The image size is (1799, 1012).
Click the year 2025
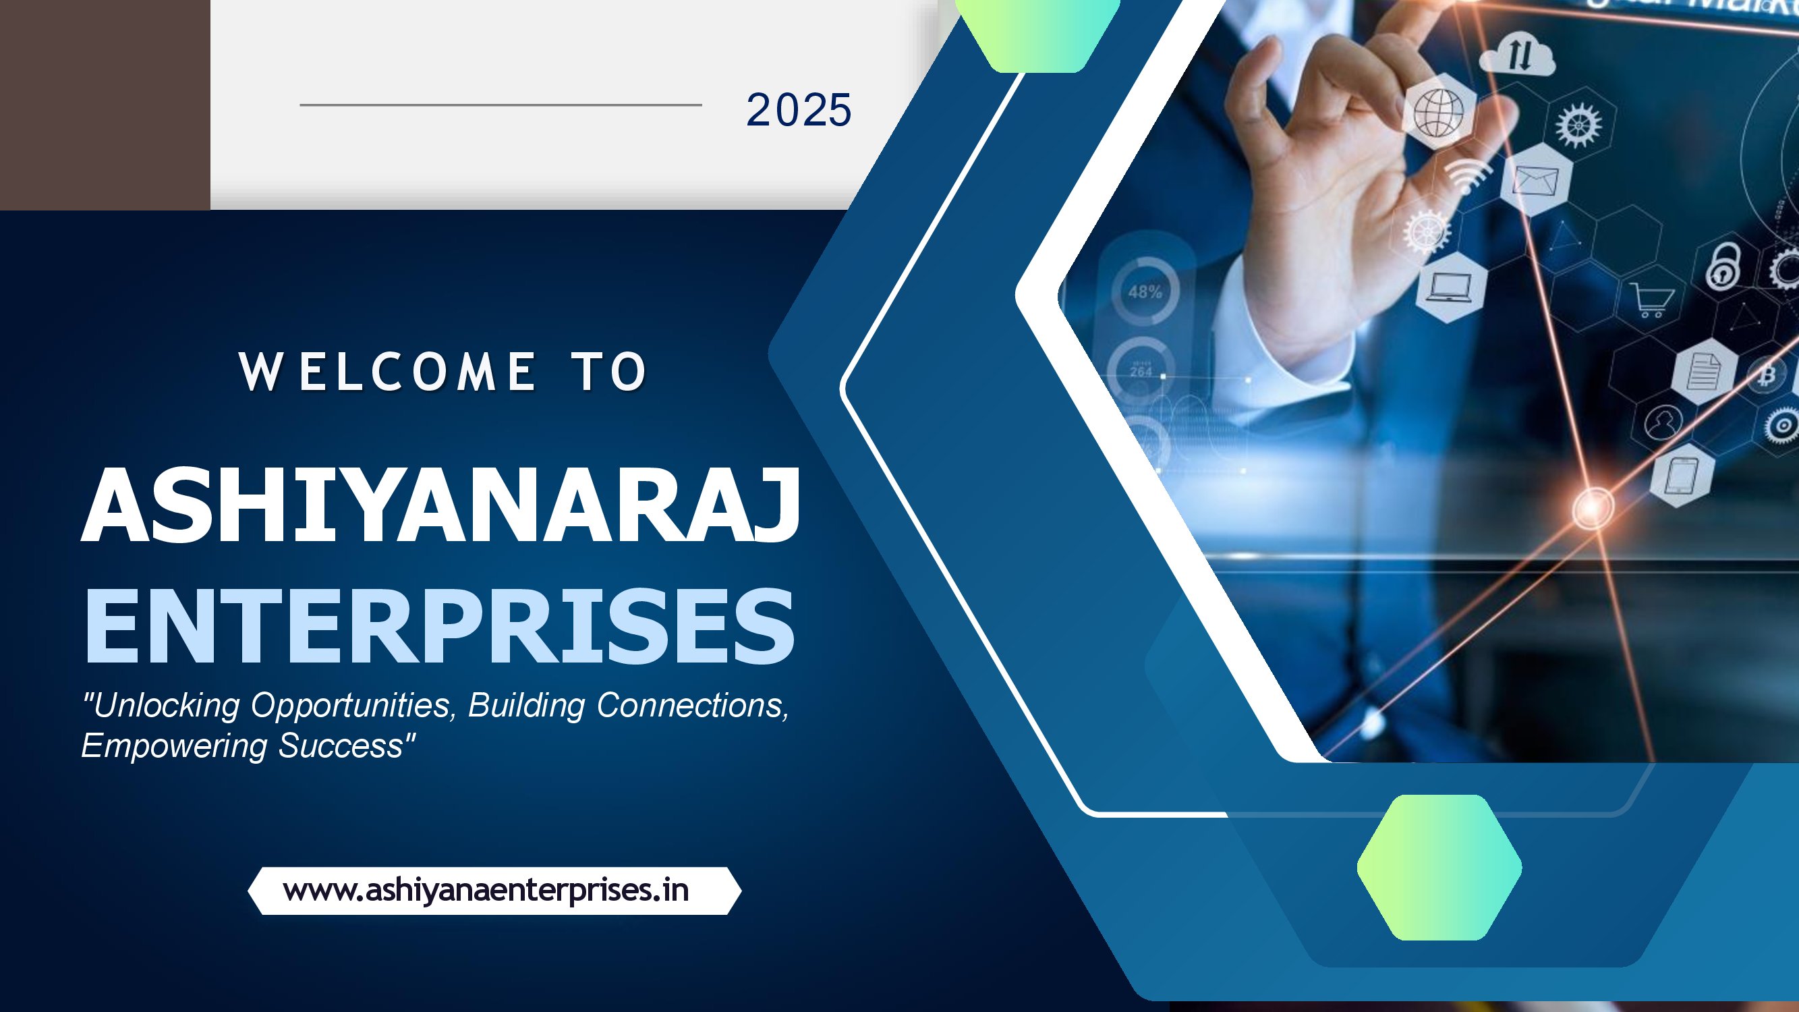pos(799,110)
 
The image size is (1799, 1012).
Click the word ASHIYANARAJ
pos(440,504)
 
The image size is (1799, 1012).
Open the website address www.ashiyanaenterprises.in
pos(486,891)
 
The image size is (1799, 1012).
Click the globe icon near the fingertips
pos(1439,113)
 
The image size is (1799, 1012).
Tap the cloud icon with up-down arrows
pos(1518,54)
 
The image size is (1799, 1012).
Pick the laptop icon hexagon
pos(1451,288)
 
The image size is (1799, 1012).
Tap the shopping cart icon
pos(1652,300)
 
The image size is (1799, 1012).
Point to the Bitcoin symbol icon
pos(1767,376)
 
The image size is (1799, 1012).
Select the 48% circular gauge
pos(1145,291)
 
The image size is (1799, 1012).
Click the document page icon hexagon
pos(1704,371)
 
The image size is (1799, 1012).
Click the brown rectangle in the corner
pos(105,105)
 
